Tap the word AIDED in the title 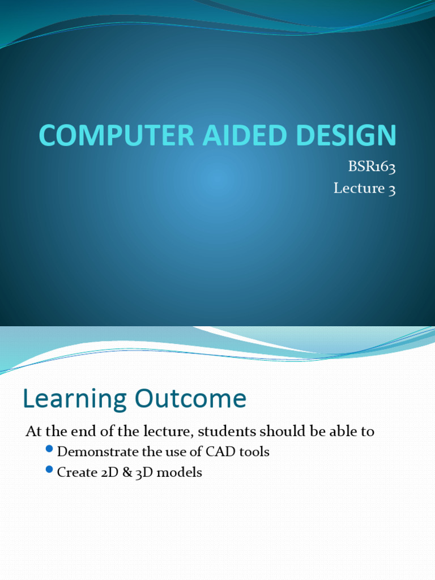tap(212, 136)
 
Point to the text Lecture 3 tap(364, 188)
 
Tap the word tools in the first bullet tap(254, 452)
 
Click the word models tap(179, 472)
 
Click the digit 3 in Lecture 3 tap(391, 189)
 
